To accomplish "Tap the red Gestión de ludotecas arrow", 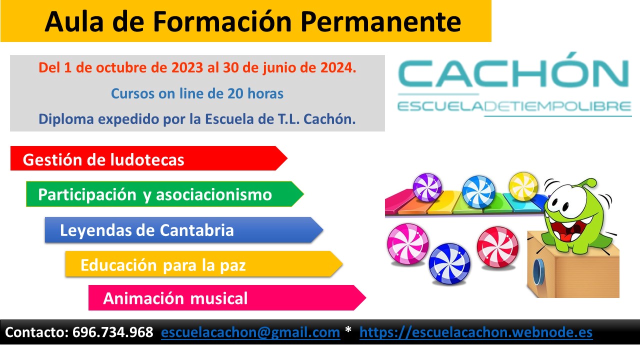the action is coord(149,158).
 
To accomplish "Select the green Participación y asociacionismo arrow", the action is coord(165,194).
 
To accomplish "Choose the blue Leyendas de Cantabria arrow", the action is coord(184,230).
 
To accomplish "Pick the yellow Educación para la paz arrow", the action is coord(204,264).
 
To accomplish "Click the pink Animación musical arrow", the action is coord(227,297).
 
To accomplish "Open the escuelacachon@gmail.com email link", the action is coord(250,332).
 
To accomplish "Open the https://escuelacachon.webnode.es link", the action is coord(476,332).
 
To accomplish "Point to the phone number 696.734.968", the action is coord(113,332).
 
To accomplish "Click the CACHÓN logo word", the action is coord(513,71).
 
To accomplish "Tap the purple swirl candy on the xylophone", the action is coord(427,187).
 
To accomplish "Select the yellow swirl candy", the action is coord(523,186).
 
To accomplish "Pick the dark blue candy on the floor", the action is coord(449,264).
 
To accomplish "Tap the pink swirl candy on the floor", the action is coord(407,244).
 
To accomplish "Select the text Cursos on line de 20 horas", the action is coord(197,93).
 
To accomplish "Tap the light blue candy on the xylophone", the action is coord(478,191).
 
